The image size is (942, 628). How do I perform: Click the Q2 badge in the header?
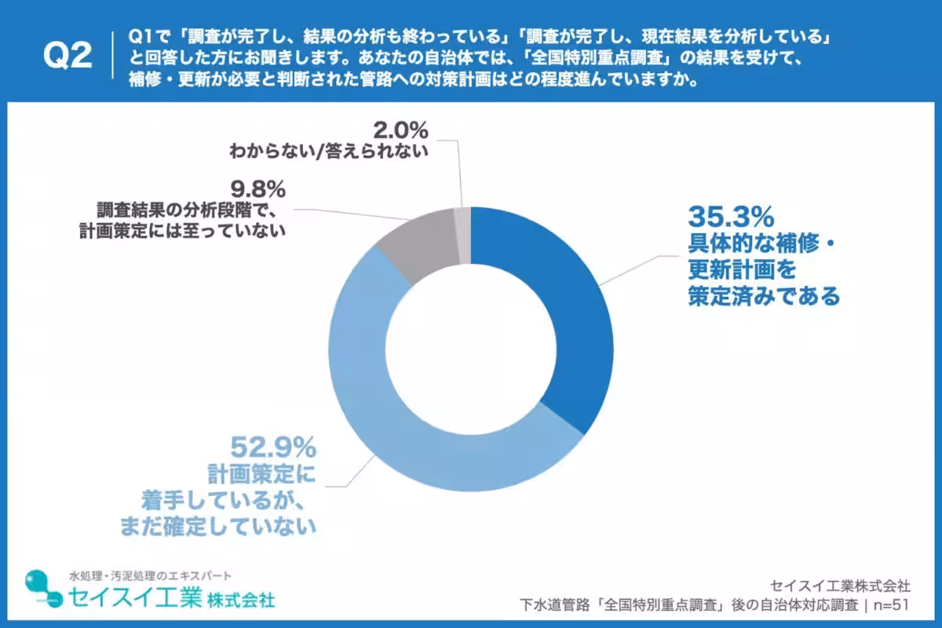68,57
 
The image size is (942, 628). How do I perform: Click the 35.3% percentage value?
732,216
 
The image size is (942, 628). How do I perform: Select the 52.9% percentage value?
272,448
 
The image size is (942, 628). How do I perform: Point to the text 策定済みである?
764,297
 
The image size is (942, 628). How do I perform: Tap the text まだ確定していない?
218,525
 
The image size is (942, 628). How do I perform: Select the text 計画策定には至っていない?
181,230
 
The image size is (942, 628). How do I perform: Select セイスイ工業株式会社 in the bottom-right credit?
841,586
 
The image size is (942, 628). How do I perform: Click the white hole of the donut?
470,349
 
